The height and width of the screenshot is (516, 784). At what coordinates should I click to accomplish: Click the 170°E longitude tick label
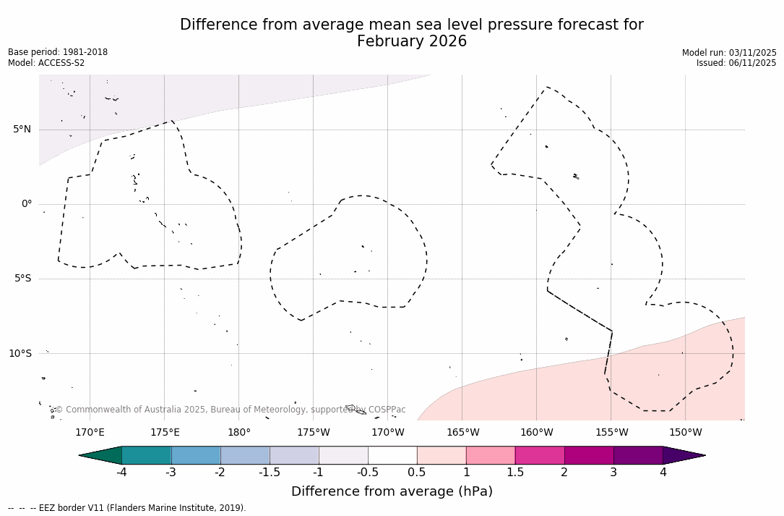tap(90, 433)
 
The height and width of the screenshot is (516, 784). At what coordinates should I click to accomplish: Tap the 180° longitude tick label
tap(238, 433)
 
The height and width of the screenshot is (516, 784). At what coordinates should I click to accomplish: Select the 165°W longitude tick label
tap(462, 433)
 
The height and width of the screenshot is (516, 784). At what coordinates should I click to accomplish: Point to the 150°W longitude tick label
tap(685, 433)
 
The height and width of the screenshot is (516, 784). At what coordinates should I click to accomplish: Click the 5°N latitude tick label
tap(22, 130)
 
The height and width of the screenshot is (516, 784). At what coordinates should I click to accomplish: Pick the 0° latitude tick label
tap(26, 204)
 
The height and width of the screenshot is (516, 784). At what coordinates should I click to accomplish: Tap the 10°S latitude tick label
tap(20, 353)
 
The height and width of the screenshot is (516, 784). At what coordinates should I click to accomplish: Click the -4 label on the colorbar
tap(121, 473)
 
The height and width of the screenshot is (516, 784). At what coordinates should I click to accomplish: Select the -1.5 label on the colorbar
tap(270, 473)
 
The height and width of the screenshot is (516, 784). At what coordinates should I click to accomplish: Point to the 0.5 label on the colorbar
tap(417, 473)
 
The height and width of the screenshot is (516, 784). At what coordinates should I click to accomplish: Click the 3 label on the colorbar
tap(613, 473)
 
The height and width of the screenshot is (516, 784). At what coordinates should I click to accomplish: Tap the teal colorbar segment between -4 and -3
tap(147, 455)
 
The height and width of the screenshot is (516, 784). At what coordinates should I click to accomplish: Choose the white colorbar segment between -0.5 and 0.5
tap(392, 455)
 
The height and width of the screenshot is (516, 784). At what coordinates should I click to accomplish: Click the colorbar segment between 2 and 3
tap(589, 455)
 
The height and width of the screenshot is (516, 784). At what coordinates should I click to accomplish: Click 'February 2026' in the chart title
tap(412, 41)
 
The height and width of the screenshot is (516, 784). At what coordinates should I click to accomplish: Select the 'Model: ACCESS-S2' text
tap(46, 63)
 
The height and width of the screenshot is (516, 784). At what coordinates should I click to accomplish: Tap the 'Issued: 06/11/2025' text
tap(736, 63)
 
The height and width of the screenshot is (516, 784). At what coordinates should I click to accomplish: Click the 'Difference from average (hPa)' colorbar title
tap(392, 491)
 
